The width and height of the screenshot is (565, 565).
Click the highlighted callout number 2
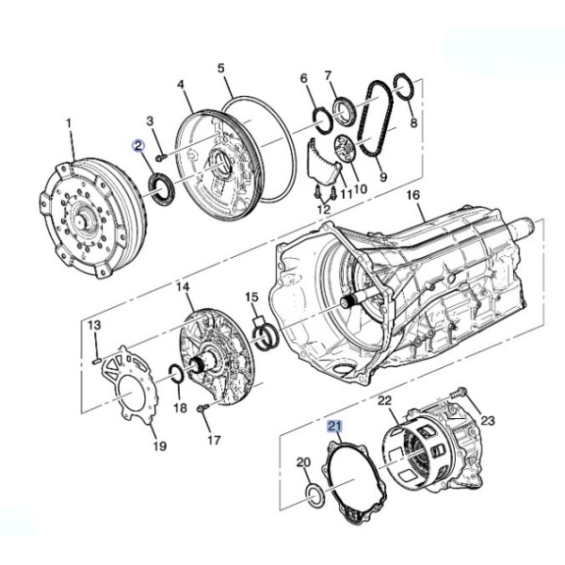[138, 146]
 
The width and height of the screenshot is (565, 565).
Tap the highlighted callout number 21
[334, 427]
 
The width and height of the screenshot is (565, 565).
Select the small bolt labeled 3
[161, 157]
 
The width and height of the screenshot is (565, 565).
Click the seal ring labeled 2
[161, 189]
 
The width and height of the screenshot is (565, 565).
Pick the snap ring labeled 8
[404, 87]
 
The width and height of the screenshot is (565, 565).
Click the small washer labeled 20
[315, 495]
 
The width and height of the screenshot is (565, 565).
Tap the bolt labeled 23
[458, 393]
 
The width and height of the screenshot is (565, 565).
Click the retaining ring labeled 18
[176, 374]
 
